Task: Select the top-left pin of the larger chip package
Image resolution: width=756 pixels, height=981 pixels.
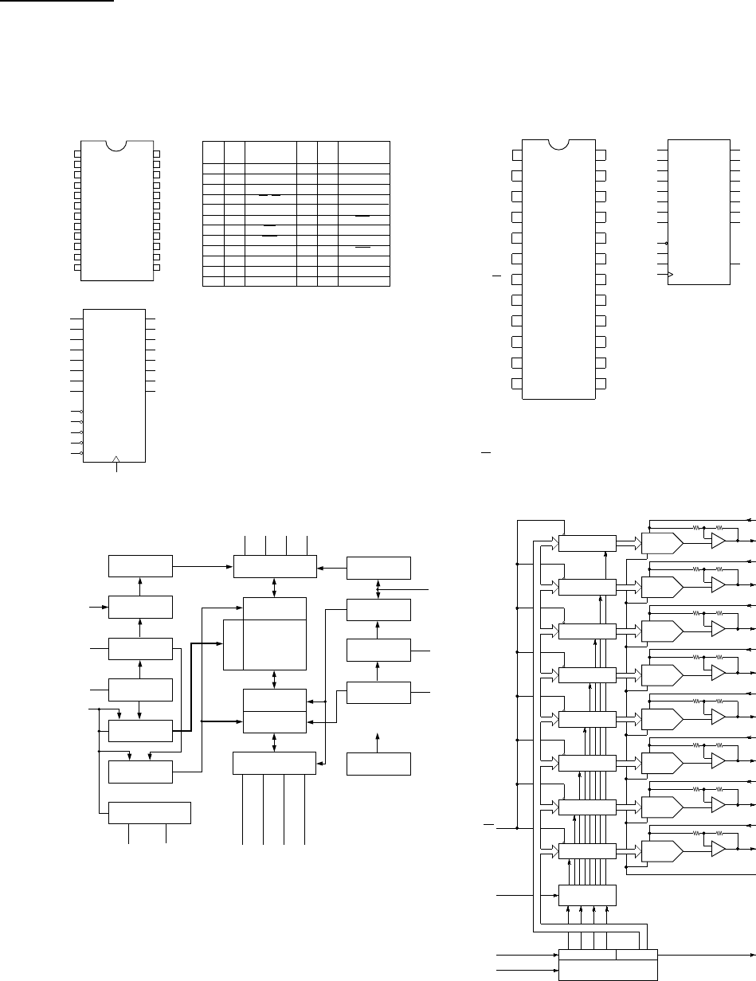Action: point(517,154)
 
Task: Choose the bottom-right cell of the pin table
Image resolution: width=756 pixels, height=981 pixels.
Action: point(364,281)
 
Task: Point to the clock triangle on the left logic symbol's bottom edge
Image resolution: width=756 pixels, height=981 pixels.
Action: point(117,459)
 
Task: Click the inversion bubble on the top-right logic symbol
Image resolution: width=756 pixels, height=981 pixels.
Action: point(665,243)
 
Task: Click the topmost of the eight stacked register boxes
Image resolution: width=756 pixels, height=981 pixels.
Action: point(588,543)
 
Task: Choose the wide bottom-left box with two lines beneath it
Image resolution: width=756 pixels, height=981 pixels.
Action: point(149,813)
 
